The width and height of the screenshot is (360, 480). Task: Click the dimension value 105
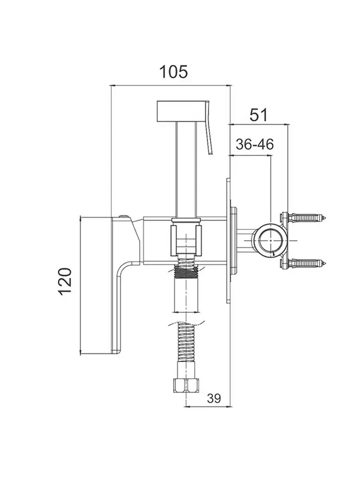173,72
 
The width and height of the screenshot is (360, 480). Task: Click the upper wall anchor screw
306,218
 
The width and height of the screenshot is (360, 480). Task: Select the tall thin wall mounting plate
228,240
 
